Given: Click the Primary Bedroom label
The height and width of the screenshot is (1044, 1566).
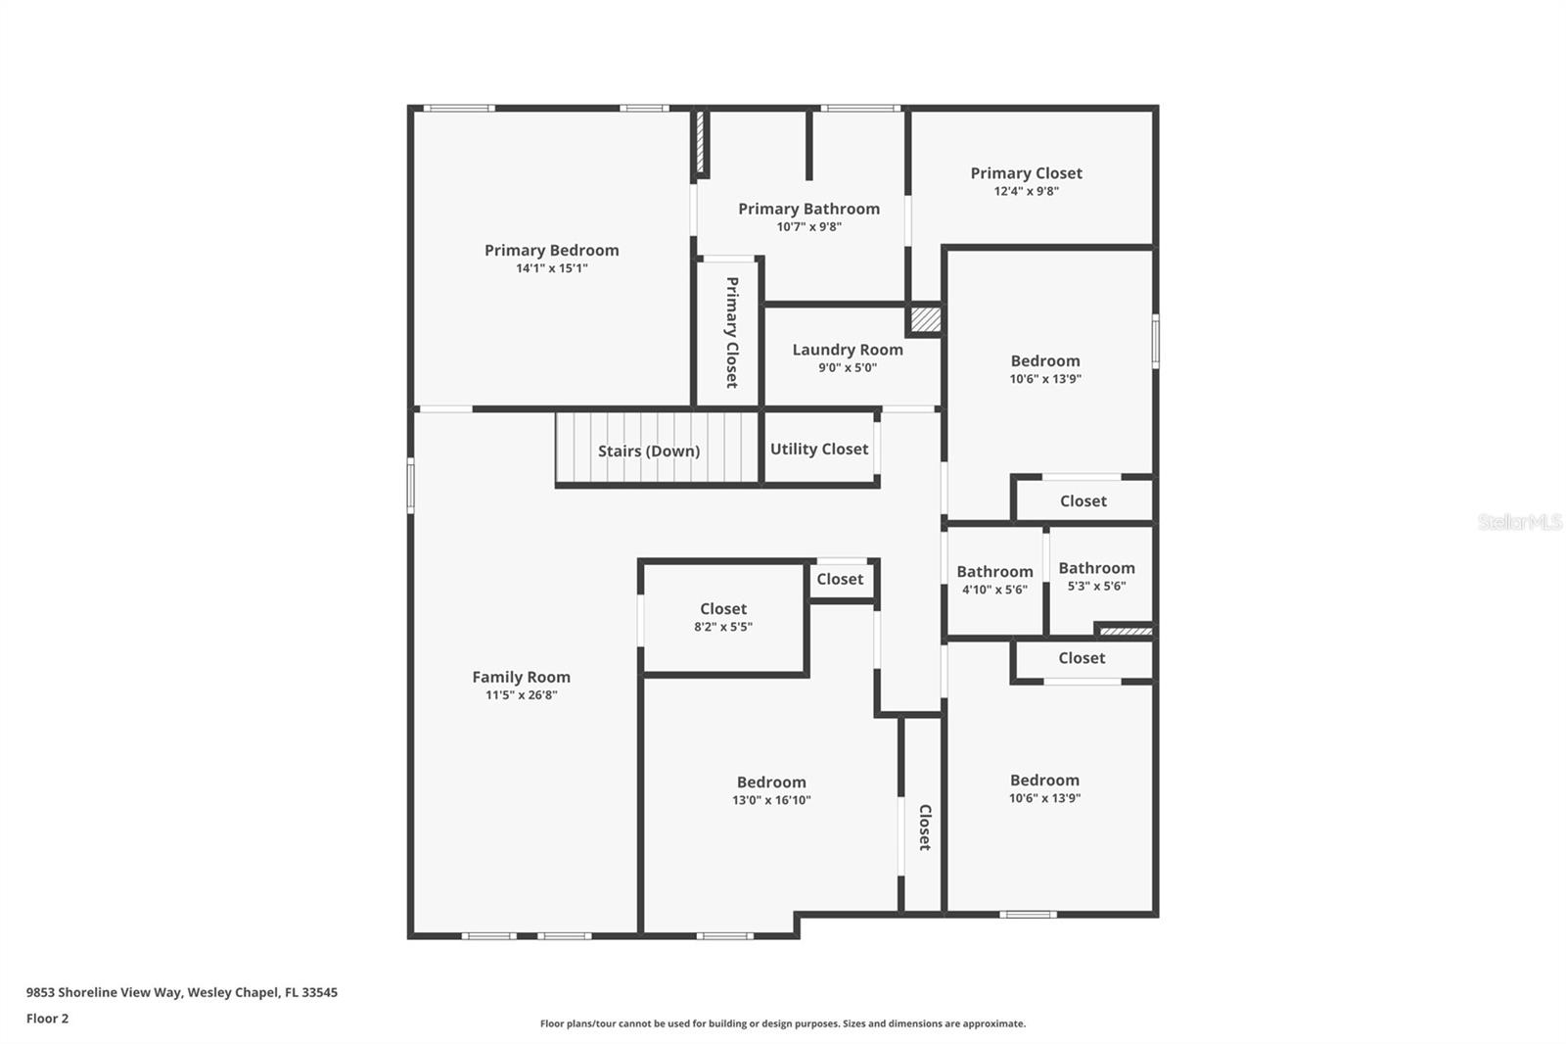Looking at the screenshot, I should pyautogui.click(x=551, y=250).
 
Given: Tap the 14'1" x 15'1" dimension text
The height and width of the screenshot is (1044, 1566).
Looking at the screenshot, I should pyautogui.click(x=551, y=268).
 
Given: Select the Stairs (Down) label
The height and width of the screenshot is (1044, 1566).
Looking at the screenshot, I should pyautogui.click(x=649, y=451).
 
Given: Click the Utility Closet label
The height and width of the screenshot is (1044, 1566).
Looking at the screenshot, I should pyautogui.click(x=819, y=449).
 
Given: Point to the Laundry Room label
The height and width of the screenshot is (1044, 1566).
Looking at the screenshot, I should pyautogui.click(x=848, y=350).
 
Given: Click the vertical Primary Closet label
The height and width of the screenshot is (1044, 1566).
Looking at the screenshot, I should pyautogui.click(x=731, y=332).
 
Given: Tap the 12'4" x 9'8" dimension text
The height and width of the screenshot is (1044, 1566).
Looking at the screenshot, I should pyautogui.click(x=1026, y=191).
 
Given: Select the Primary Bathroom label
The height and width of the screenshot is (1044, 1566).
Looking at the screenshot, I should pyautogui.click(x=808, y=209).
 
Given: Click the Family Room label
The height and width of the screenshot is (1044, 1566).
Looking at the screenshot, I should pyautogui.click(x=521, y=677).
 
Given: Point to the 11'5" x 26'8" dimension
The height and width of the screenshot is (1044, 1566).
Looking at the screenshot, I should pyautogui.click(x=521, y=695).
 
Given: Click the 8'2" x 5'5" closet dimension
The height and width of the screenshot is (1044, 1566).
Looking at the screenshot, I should pyautogui.click(x=723, y=627).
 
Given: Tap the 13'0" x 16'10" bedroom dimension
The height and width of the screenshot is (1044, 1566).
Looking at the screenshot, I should pyautogui.click(x=771, y=800).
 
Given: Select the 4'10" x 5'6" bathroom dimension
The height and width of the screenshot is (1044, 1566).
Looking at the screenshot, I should pyautogui.click(x=994, y=590).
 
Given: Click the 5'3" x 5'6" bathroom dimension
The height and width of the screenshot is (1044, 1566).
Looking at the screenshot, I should pyautogui.click(x=1096, y=586).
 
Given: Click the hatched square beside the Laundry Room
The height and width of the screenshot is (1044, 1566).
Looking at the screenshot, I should pyautogui.click(x=925, y=319).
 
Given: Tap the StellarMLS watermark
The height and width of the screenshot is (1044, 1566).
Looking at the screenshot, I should pyautogui.click(x=1519, y=522).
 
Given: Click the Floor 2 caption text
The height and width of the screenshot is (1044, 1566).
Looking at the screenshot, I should pyautogui.click(x=47, y=1019).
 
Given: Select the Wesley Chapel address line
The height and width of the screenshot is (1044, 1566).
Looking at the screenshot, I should pyautogui.click(x=181, y=992).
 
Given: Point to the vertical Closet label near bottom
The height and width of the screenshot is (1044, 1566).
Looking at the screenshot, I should pyautogui.click(x=924, y=827).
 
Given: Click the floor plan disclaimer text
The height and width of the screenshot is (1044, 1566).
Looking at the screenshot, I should pyautogui.click(x=783, y=1023).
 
